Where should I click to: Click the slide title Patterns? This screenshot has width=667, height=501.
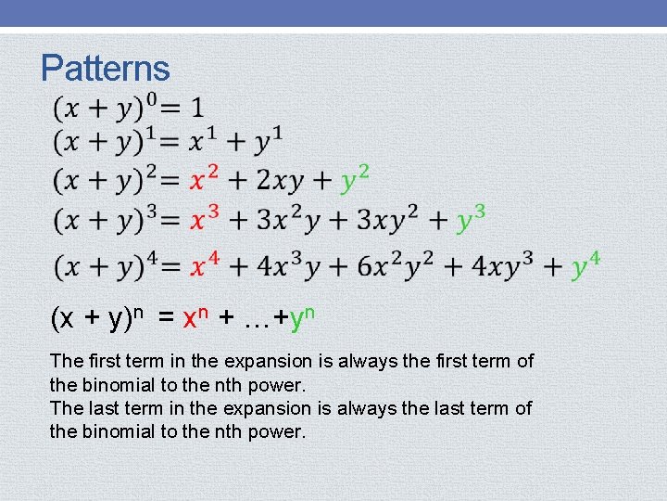[106, 68]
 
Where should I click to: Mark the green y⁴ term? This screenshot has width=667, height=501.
[585, 265]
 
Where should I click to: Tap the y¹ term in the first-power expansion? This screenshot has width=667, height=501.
[269, 141]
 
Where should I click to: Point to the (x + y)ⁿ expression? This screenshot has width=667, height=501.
[97, 318]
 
